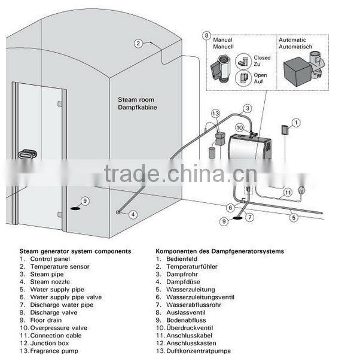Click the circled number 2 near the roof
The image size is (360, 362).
point(138,43)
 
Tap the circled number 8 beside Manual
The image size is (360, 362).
point(207,36)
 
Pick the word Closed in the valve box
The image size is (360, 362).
point(261,59)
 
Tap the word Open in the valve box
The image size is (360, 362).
point(260,75)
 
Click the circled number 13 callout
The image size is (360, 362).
point(215,113)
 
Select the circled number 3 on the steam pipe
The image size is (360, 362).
point(247,108)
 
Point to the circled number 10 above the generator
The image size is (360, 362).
point(239,127)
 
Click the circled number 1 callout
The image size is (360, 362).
point(295,122)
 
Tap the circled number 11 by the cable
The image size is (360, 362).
point(288,192)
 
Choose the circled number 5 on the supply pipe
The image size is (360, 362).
point(293,218)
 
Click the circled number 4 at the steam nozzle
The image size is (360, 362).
point(133,214)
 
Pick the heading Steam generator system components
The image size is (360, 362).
point(75,251)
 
